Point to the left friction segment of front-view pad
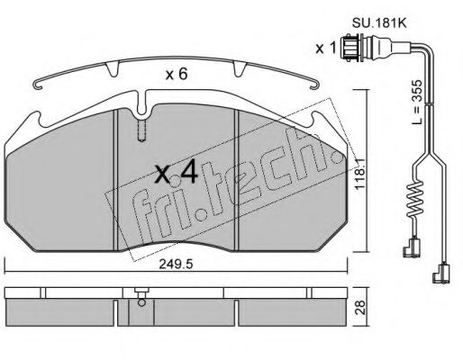[x=63, y=189]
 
